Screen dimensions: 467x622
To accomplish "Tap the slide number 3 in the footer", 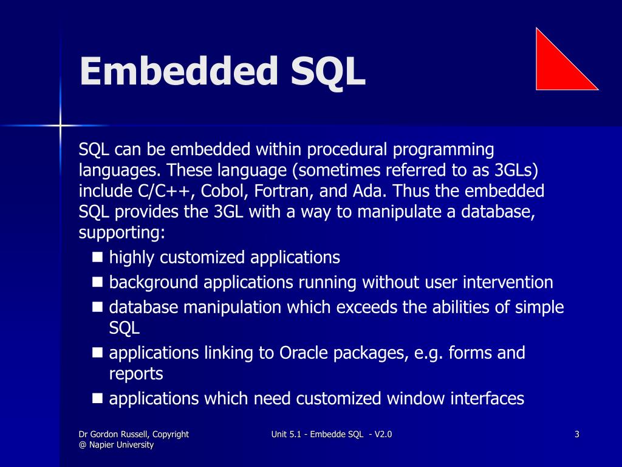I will (x=576, y=434).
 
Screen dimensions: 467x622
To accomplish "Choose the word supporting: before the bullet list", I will (x=122, y=233).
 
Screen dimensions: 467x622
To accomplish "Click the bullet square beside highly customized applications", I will (x=97, y=257).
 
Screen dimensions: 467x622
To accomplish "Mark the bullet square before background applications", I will (x=97, y=282).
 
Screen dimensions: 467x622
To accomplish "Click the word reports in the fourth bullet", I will (x=136, y=373).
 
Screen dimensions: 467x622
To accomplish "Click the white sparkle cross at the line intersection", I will (x=60, y=125).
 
